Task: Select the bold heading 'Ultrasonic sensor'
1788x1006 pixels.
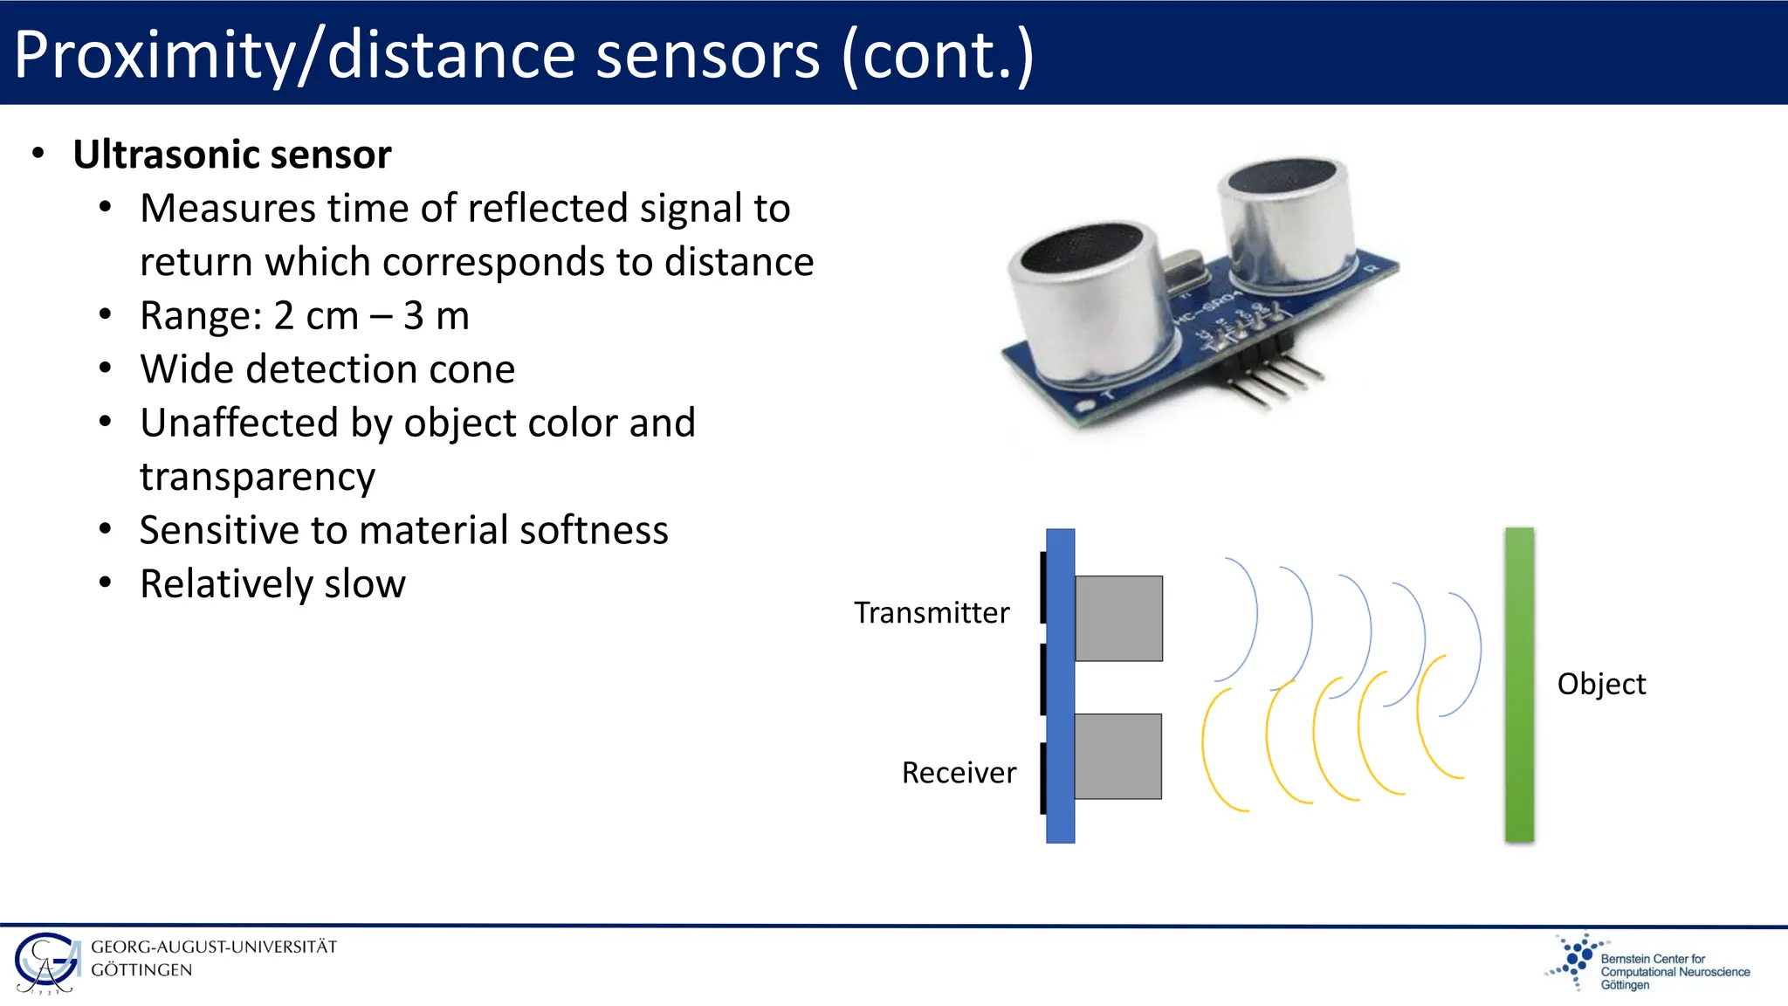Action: (x=231, y=155)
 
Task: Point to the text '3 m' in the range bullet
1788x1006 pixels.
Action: (x=436, y=316)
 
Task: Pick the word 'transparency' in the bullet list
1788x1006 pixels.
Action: (x=258, y=478)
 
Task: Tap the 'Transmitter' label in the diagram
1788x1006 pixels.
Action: (x=932, y=613)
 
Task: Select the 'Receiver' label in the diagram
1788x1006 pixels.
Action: (x=959, y=773)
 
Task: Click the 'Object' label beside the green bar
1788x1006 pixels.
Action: (x=1601, y=684)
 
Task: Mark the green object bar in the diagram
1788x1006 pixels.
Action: (x=1519, y=685)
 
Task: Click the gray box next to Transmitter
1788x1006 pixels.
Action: (x=1118, y=618)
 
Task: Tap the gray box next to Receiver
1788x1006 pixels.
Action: (x=1117, y=756)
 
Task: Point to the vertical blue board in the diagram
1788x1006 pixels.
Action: (x=1060, y=685)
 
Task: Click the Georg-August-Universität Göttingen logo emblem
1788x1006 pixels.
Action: (x=45, y=963)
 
